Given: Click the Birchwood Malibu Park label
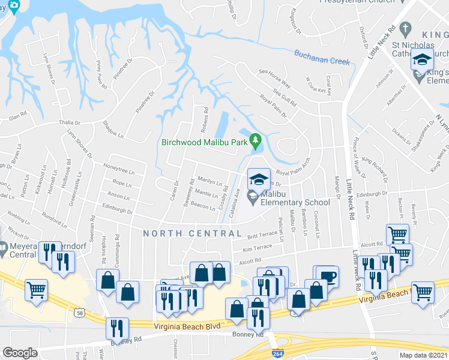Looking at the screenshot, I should pos(205,142).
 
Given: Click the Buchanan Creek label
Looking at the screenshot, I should pos(322,57).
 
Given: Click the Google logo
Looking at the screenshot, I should pos(20,353).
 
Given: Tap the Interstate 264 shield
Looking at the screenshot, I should pos(278,353).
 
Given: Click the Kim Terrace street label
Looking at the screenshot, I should pos(258,247).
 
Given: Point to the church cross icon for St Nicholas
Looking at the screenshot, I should pos(406,28).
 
